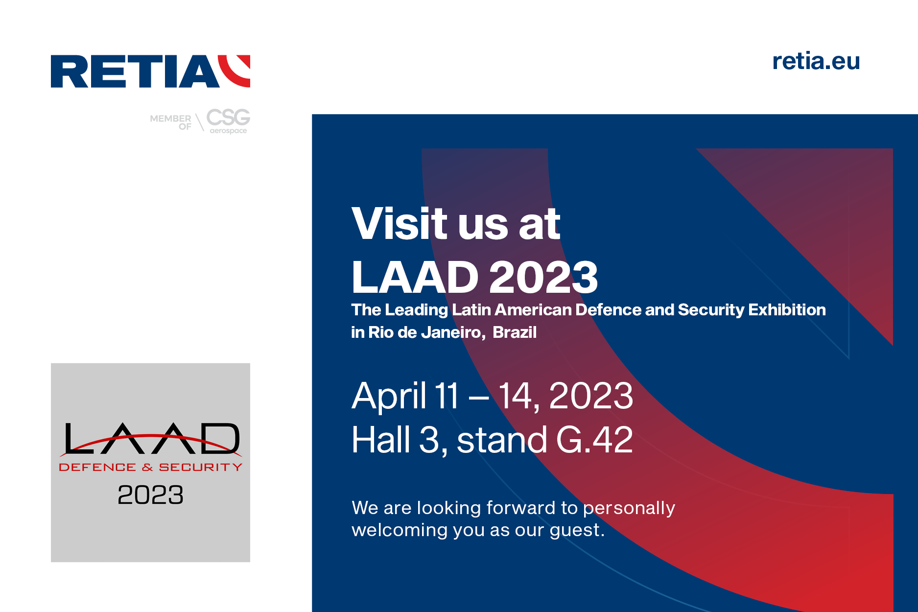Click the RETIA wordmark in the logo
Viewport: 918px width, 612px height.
[x=135, y=71]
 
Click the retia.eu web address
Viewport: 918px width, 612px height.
[x=816, y=61]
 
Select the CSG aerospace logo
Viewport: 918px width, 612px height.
[x=228, y=120]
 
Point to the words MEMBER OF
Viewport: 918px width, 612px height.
[x=170, y=122]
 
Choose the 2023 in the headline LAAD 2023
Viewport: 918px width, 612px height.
[x=543, y=277]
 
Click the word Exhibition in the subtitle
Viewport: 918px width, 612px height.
[x=787, y=310]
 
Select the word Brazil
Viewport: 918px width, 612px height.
[x=515, y=332]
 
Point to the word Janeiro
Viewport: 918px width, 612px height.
[x=452, y=332]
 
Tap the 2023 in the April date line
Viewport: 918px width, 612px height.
[x=591, y=396]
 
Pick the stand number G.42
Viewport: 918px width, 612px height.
[x=594, y=440]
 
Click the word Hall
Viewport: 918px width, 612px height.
[x=381, y=440]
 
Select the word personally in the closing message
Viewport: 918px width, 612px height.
[x=629, y=509]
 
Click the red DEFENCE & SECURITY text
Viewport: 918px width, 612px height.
[x=151, y=467]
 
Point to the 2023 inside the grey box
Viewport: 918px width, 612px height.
[x=151, y=495]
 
